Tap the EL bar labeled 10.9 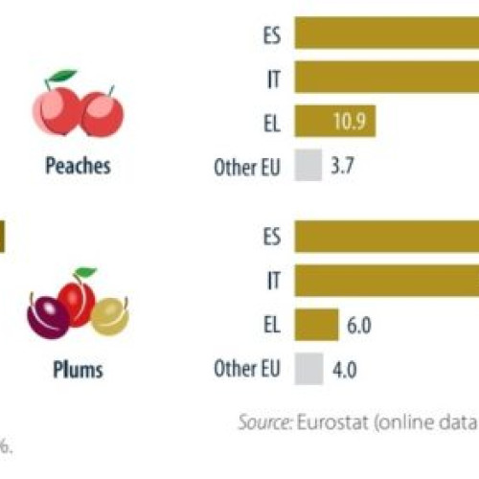(x=334, y=122)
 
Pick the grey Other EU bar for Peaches (x=308, y=166)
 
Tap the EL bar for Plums (x=316, y=324)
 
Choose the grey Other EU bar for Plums (x=308, y=369)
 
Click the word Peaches (x=78, y=166)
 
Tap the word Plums (x=78, y=369)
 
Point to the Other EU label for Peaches (x=247, y=166)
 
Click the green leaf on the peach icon (x=64, y=76)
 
